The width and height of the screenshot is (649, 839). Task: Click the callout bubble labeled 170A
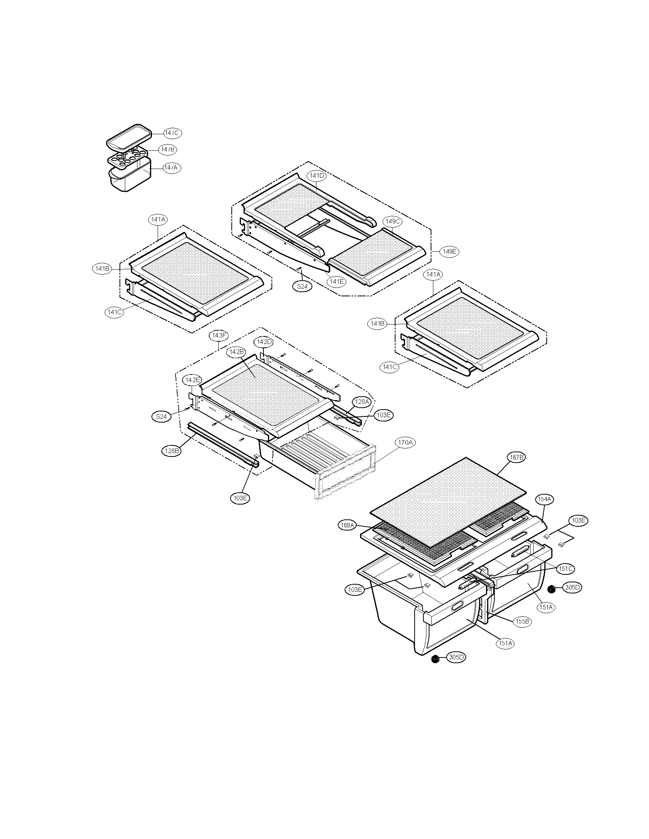click(x=405, y=442)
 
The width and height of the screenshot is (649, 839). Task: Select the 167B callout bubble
click(x=516, y=458)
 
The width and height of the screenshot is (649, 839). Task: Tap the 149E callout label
click(x=449, y=252)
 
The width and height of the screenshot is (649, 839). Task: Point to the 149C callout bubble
click(x=392, y=222)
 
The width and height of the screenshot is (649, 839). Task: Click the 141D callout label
click(x=316, y=176)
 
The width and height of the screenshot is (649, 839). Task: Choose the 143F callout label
click(x=219, y=335)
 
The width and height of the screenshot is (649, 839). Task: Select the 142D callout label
click(x=264, y=342)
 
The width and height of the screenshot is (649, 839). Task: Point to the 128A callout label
click(x=362, y=402)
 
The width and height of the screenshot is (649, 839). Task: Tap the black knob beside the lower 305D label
click(x=435, y=659)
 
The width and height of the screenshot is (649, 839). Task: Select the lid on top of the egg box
click(x=129, y=137)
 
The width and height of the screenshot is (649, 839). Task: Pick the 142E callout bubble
click(x=192, y=380)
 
